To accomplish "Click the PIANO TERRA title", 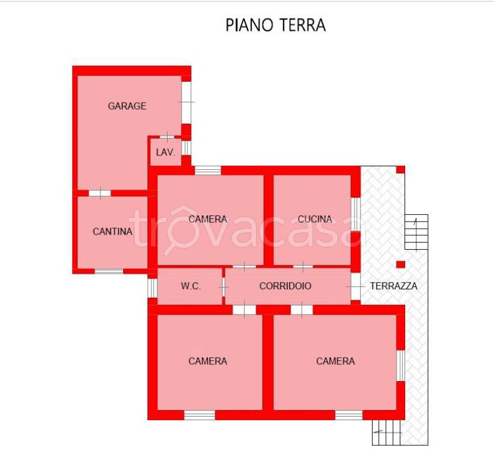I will [x=275, y=25].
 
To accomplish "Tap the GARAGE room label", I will [x=127, y=106].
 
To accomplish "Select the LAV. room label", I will [x=165, y=152].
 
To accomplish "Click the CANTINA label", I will [x=112, y=231].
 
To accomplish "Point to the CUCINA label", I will [x=315, y=219].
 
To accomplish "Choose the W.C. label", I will [x=191, y=286].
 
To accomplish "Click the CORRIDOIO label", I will [x=285, y=286].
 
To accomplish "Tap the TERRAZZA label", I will [x=393, y=286].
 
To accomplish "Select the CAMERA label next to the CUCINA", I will [x=208, y=219].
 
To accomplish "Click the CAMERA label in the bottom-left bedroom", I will [x=208, y=361].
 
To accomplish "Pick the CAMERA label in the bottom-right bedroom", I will [x=335, y=361].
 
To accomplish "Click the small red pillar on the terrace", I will [x=401, y=264].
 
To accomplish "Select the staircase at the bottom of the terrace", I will [x=387, y=432].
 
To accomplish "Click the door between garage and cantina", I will [x=99, y=193].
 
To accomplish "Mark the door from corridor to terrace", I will [x=356, y=287].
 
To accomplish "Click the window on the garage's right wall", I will [x=186, y=102].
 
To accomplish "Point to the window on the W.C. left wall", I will [x=153, y=287].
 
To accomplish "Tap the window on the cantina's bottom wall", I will [x=109, y=271].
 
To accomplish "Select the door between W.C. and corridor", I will [x=224, y=288].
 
